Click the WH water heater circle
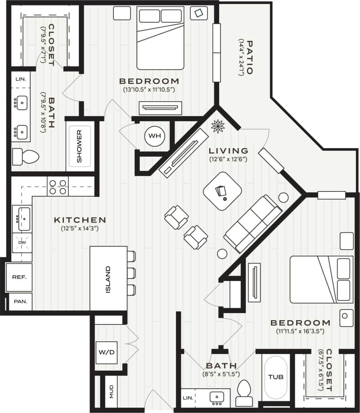[x=155, y=136]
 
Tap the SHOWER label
[x=79, y=146]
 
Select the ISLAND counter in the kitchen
[x=108, y=278]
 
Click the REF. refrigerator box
[x=19, y=277]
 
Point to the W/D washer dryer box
[x=106, y=352]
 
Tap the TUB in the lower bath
[x=275, y=377]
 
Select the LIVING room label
[x=229, y=150]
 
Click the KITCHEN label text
[x=80, y=220]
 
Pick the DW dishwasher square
[x=22, y=242]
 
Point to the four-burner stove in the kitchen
[x=58, y=186]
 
